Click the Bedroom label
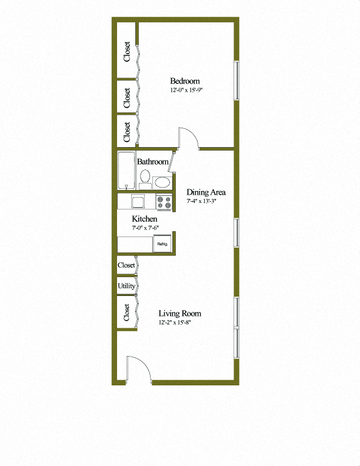[185, 81]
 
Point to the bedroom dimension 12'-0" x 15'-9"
[186, 91]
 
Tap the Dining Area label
[206, 192]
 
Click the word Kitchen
[144, 219]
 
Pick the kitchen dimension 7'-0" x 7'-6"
[145, 228]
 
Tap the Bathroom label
[153, 161]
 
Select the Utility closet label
[126, 286]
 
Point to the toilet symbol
[145, 177]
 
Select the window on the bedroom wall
[236, 80]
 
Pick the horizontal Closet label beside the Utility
[126, 266]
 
